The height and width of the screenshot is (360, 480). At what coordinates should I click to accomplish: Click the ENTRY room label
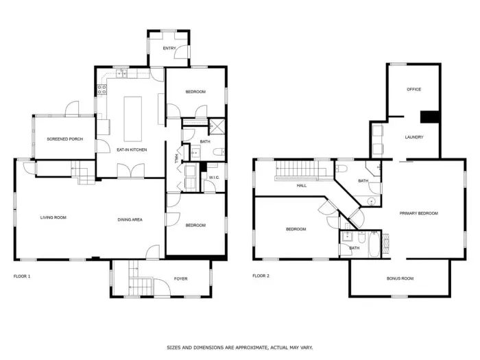coord(169,49)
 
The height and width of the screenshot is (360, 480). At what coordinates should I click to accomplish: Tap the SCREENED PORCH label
coord(64,139)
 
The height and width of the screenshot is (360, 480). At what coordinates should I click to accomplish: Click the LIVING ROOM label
coord(53,218)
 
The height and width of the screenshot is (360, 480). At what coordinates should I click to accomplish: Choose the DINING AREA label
coord(130,219)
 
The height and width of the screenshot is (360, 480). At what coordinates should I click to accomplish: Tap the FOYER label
coord(180,278)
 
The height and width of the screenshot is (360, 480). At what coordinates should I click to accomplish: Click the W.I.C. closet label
coord(213,178)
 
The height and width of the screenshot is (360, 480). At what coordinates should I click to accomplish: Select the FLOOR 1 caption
coord(22,276)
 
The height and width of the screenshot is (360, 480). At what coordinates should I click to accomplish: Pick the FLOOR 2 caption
coord(261,276)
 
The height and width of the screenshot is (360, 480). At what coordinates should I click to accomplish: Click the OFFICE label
coord(413,89)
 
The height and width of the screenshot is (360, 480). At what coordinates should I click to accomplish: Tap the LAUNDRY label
coord(414,137)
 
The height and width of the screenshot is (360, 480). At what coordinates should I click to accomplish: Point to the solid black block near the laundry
coord(430,117)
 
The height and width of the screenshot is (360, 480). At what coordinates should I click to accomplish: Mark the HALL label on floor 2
coord(301,186)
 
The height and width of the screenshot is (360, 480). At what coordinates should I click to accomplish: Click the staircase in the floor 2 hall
coord(302,170)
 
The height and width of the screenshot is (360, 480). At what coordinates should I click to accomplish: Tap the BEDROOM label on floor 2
coord(296,229)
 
